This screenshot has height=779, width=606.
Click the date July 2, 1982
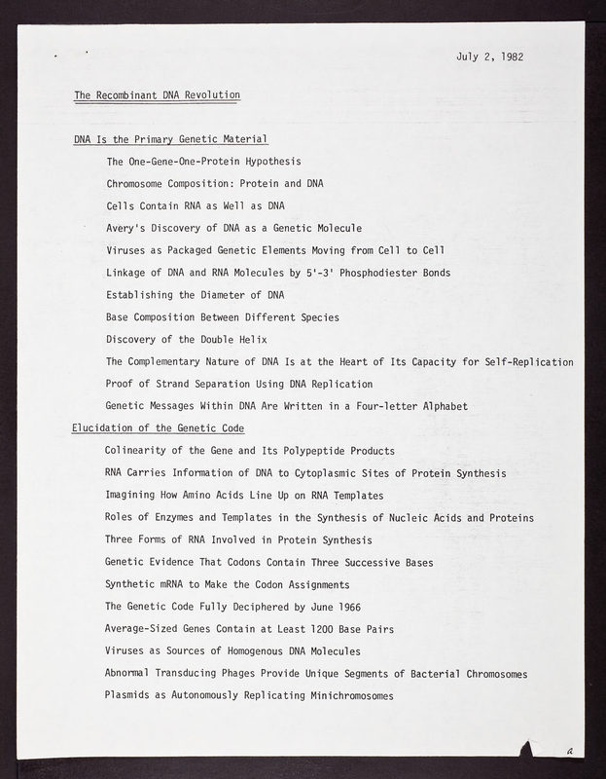point(489,56)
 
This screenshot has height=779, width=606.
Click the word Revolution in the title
point(210,94)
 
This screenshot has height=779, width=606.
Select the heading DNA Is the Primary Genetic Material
point(170,139)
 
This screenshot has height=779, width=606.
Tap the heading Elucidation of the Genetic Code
point(158,427)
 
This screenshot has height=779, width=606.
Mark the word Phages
point(250,673)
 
